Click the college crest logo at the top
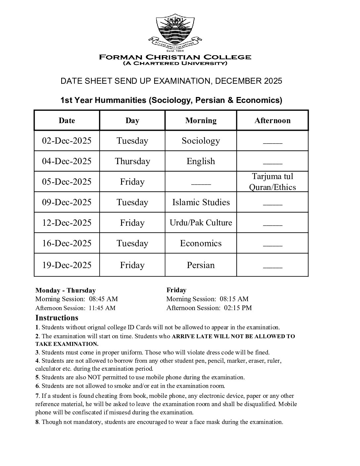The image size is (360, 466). tap(175, 30)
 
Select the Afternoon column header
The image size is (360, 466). tap(272, 120)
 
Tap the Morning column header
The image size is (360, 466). tap(201, 120)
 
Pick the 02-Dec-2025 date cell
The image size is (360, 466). tap(67, 141)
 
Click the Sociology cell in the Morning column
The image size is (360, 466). tap(201, 141)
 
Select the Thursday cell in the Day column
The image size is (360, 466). tap(132, 161)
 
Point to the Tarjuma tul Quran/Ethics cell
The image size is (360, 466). tap(272, 182)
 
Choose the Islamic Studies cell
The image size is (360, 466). tap(201, 202)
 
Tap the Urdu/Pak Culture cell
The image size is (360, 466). tap(201, 223)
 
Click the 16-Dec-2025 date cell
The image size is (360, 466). tap(67, 243)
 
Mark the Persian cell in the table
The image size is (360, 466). tap(201, 265)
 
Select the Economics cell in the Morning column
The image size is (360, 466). tap(201, 243)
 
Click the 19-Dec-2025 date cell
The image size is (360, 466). tap(67, 265)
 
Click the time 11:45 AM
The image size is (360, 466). tap(102, 308)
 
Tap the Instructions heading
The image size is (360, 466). tap(57, 318)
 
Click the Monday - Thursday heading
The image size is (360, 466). tap(66, 290)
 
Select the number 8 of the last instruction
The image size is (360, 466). tap(37, 422)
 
